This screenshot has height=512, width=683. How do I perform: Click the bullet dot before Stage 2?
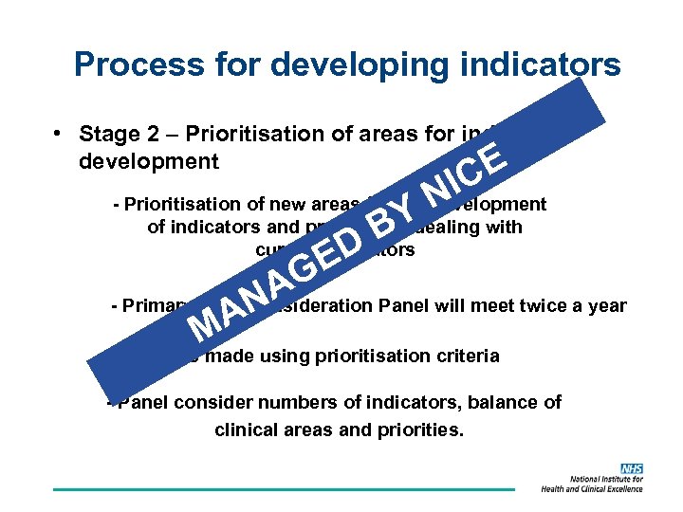(x=59, y=133)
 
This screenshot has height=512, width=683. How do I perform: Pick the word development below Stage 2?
(x=149, y=160)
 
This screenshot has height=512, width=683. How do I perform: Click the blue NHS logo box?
(x=632, y=469)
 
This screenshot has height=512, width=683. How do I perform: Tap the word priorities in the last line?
(x=419, y=429)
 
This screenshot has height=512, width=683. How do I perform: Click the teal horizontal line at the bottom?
(x=285, y=489)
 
